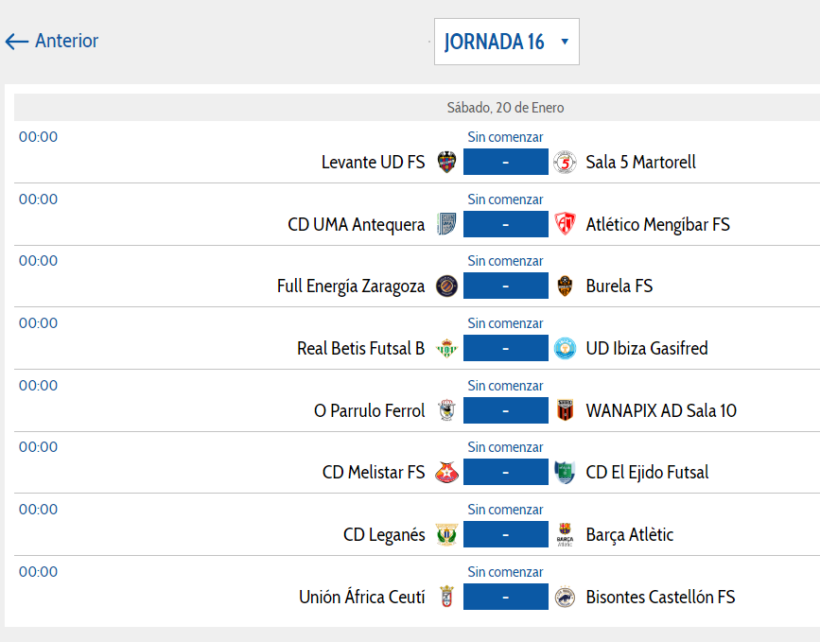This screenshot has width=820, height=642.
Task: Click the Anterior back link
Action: pos(53,42)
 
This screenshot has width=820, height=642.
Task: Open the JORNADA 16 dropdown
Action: pos(506,43)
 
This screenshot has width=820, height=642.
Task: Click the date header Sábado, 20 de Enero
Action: pos(505,108)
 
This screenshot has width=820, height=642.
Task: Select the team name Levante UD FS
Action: pos(373,163)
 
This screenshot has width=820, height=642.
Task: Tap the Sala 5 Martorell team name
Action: pos(640,163)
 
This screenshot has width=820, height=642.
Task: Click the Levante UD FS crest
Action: pos(447,163)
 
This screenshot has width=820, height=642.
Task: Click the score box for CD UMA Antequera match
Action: pos(506,224)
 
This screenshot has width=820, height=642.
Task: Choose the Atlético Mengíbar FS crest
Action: pos(565,224)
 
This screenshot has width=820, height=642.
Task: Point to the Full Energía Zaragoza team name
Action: pos(351,286)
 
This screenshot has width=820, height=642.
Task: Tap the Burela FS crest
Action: pos(565,286)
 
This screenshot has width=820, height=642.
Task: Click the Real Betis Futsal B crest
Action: pos(447,348)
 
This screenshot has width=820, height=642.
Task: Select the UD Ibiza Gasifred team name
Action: pos(647,348)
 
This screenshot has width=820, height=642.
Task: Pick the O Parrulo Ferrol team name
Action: pos(369,410)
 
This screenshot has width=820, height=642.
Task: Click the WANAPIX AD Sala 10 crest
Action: pos(565,410)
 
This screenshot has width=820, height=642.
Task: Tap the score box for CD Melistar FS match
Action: pos(506,472)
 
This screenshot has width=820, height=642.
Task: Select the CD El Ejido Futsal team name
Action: pos(647,472)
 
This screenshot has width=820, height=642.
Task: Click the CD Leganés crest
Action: pos(447,534)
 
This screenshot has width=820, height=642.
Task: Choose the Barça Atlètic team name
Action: pos(630,534)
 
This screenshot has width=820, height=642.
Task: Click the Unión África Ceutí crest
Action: pos(447,597)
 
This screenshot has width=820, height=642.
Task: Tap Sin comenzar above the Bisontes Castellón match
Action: pos(505,572)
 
